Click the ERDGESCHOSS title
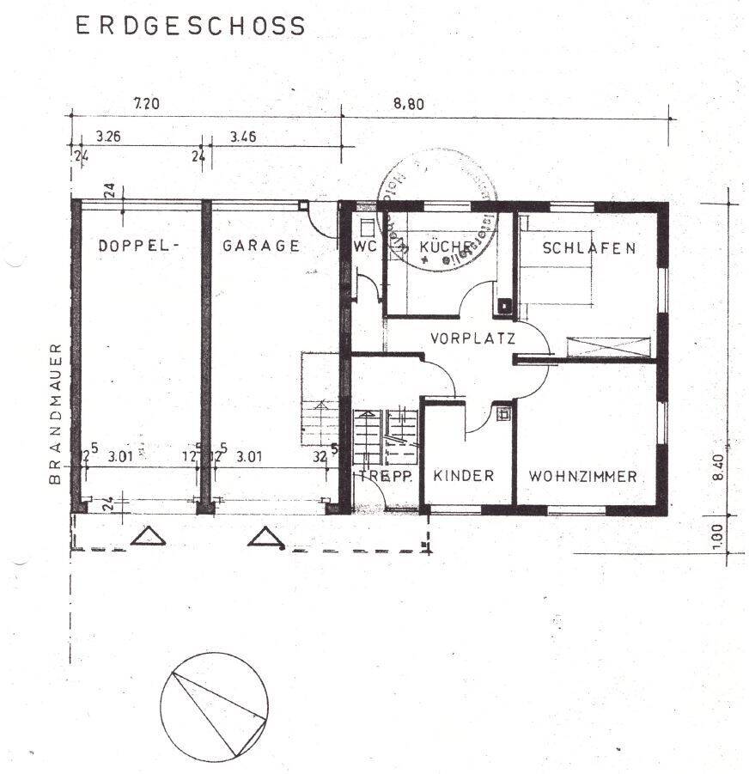tap(191, 27)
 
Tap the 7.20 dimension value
tap(147, 104)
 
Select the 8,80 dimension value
tap(409, 104)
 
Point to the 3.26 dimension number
tap(109, 136)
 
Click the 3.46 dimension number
tap(244, 136)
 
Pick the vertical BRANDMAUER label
tap(56, 414)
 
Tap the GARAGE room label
tap(261, 246)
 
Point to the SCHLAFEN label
tap(589, 248)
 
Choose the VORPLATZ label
tap(472, 338)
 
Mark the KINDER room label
tap(464, 476)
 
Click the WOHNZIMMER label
tap(582, 476)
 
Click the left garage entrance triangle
tap(149, 537)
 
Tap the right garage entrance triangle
tap(267, 537)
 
